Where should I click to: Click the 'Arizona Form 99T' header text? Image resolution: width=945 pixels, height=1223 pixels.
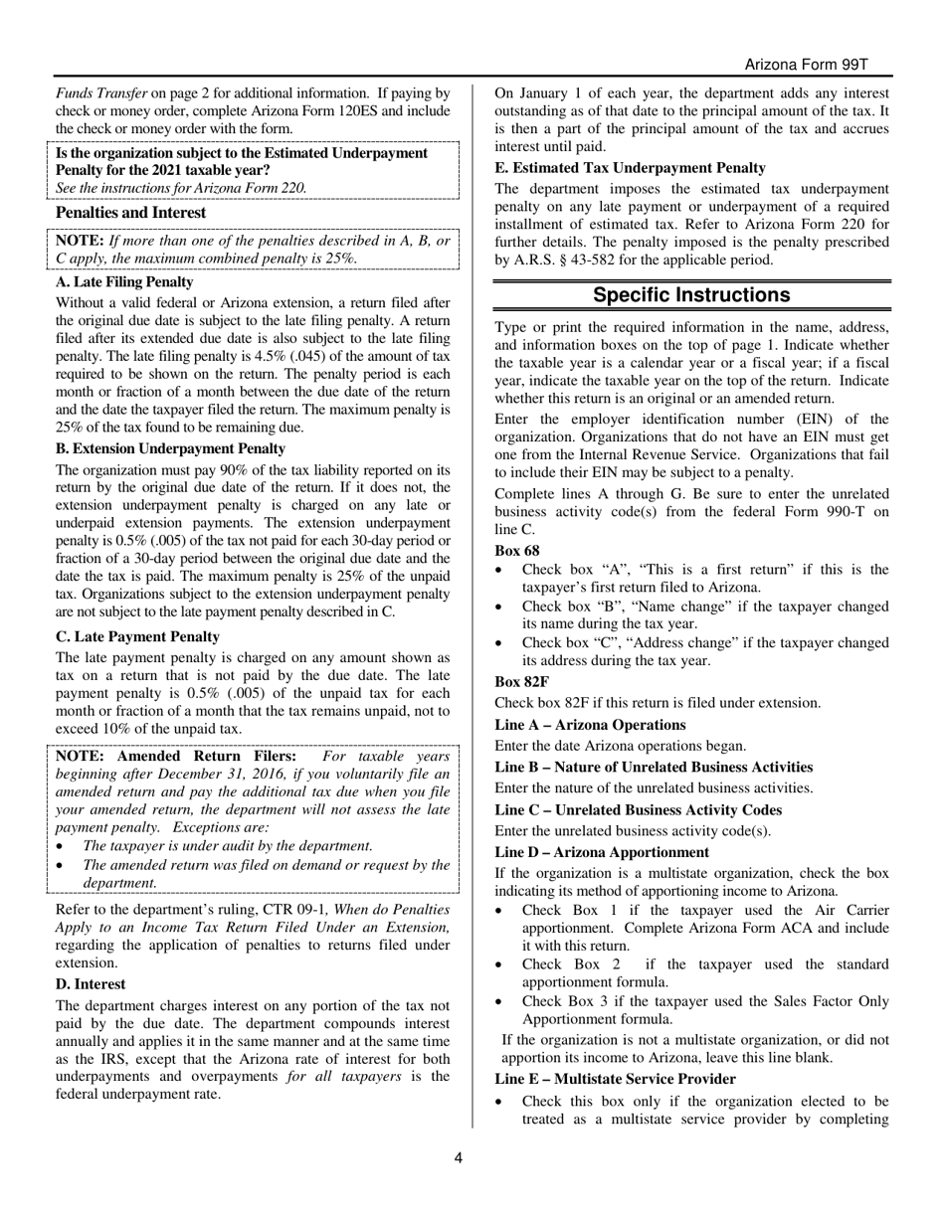807,65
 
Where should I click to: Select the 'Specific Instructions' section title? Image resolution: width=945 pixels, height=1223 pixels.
691,295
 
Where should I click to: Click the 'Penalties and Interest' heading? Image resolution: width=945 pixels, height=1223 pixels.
130,213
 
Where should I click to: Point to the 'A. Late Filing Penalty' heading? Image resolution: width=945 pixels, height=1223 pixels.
124,282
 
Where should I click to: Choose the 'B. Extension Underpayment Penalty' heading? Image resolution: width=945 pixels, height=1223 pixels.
170,448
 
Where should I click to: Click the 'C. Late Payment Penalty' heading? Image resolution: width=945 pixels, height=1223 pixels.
137,636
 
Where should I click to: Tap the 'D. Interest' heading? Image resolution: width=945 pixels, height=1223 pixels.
91,983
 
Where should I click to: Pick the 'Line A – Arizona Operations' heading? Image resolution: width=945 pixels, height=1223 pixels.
590,725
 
